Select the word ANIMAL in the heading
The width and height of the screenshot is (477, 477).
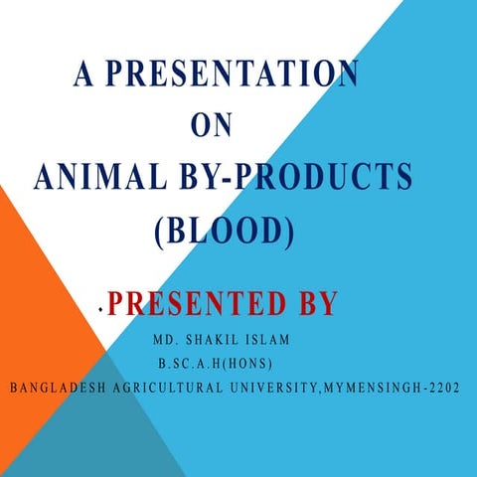(94, 178)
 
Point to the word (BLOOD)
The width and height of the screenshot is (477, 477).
(225, 230)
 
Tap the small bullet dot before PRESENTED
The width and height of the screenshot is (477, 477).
(100, 311)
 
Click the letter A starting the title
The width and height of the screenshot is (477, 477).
(81, 75)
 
